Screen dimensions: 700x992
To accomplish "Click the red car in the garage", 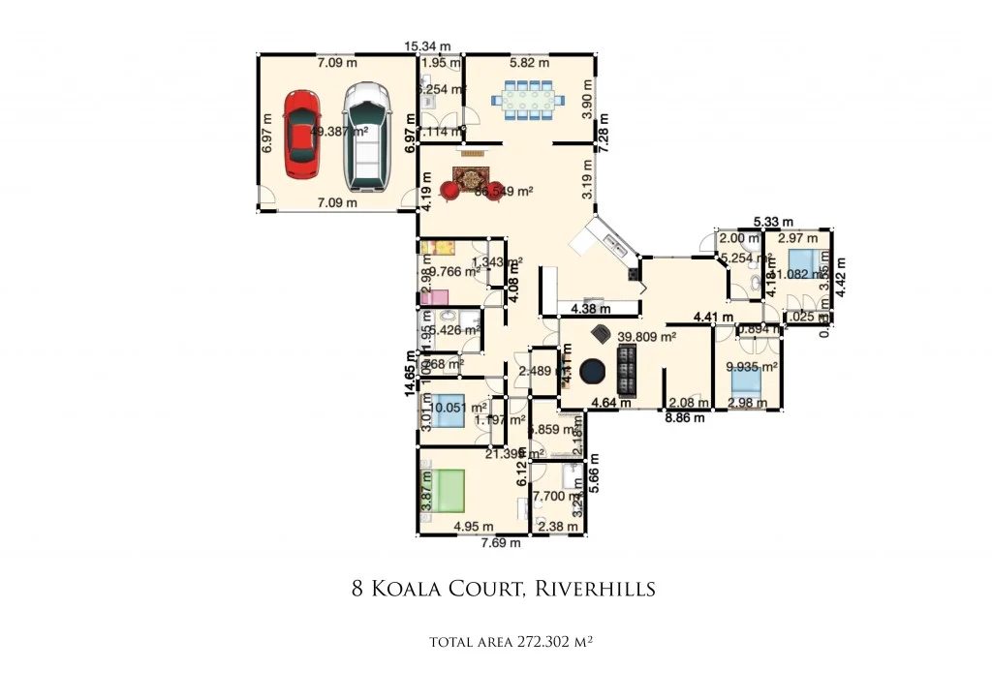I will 302,135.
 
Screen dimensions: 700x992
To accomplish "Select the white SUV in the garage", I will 366,135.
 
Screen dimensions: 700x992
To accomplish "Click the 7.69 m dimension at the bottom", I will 501,543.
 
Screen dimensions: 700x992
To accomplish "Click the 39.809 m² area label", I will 646,337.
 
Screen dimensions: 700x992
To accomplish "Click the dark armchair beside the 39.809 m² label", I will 600,333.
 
